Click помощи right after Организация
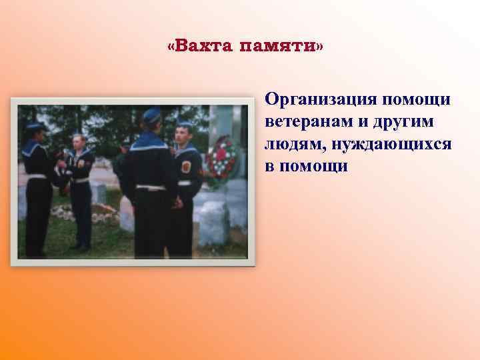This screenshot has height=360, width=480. (419, 100)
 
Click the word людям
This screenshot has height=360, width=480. (291, 144)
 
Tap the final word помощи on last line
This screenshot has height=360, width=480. (314, 166)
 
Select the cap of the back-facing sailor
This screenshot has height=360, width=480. (151, 114)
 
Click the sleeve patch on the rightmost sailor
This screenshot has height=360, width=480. (186, 166)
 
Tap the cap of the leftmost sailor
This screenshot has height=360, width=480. (35, 125)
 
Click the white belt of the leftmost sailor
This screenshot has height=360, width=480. (36, 177)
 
